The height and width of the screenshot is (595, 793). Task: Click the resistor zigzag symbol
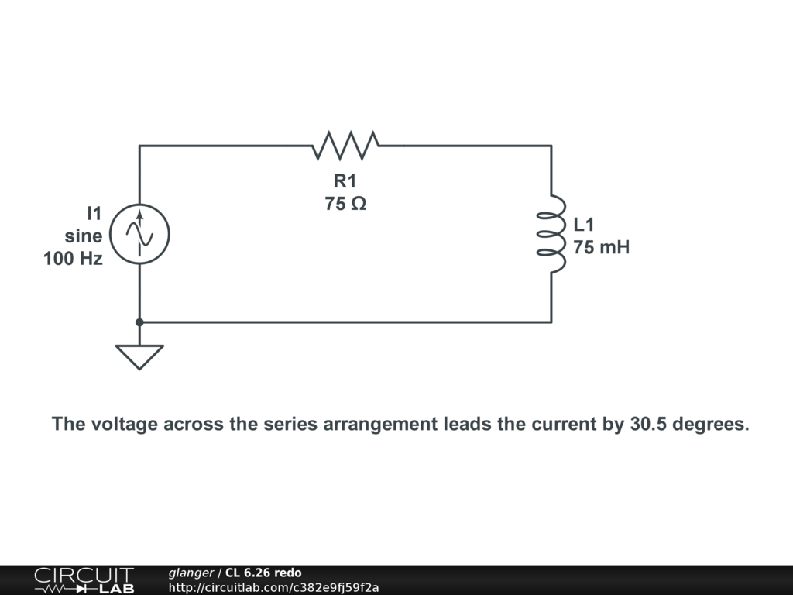345,145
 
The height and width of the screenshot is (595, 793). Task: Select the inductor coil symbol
553,234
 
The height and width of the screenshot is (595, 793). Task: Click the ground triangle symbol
139,355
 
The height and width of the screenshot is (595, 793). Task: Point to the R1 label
345,181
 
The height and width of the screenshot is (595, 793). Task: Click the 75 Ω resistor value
345,205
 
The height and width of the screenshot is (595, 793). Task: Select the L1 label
584,225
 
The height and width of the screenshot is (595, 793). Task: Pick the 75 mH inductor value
602,248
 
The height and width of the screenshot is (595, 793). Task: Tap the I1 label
94,212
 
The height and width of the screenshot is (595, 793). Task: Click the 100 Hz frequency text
73,259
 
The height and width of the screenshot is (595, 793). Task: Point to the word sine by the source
83,236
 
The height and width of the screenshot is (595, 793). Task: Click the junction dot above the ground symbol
139,322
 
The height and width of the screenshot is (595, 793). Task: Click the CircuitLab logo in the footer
83,580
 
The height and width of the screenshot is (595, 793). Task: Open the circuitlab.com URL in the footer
273,587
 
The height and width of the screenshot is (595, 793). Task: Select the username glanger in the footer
191,573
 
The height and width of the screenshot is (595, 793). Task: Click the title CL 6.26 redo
263,573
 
